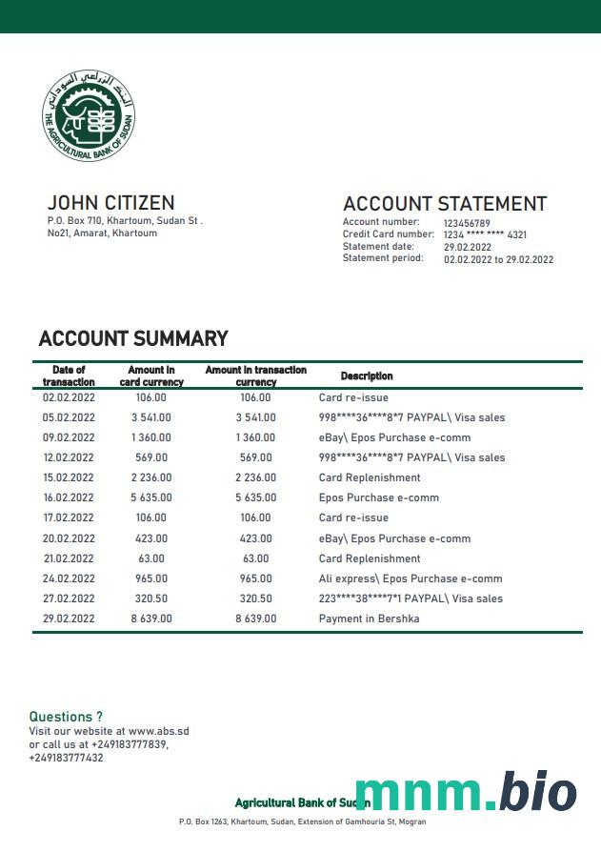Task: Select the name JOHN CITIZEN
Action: [110, 202]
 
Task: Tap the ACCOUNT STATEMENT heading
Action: [444, 204]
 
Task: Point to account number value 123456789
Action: [467, 223]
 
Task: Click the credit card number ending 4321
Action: [485, 234]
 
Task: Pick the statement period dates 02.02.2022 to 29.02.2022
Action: [498, 259]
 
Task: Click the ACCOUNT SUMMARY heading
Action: [133, 338]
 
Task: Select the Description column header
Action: [367, 376]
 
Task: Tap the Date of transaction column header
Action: [69, 375]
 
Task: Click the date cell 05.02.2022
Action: [69, 417]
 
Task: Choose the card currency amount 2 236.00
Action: [150, 477]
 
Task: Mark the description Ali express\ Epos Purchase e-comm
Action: [411, 578]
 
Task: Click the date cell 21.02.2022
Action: [69, 558]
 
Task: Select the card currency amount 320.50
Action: [150, 598]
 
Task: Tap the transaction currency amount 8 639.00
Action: [255, 619]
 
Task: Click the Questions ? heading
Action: [66, 717]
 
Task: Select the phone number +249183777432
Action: [66, 758]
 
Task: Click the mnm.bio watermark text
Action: [465, 794]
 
